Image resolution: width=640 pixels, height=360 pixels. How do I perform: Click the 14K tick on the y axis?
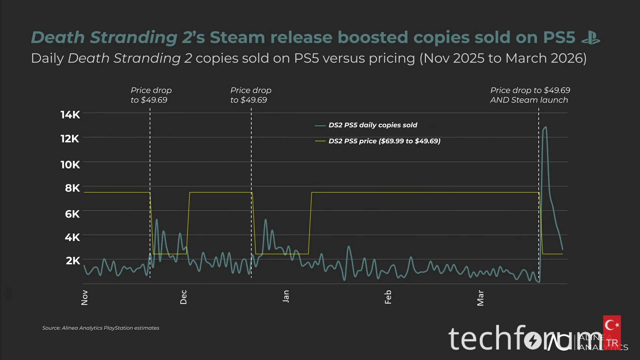click(x=70, y=115)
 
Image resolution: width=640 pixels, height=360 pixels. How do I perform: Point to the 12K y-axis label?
click(x=70, y=139)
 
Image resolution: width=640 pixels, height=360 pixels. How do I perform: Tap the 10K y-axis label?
click(x=70, y=165)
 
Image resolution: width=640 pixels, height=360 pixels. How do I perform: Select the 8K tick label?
click(x=72, y=188)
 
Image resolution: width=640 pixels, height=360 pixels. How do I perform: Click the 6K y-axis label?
click(x=72, y=214)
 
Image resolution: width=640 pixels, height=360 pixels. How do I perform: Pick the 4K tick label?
click(x=72, y=237)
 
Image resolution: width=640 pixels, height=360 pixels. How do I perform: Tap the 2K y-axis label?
click(x=73, y=261)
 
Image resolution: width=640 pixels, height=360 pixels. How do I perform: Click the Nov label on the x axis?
click(x=85, y=297)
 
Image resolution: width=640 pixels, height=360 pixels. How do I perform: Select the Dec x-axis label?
click(x=183, y=297)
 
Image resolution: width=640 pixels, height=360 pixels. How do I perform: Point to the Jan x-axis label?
click(x=286, y=296)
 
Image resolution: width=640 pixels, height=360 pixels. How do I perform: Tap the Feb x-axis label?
click(x=388, y=297)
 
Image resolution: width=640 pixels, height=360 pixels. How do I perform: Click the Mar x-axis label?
click(x=480, y=298)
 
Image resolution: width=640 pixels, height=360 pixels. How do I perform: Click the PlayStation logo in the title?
click(x=591, y=37)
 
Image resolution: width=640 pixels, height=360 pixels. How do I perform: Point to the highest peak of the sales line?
click(x=545, y=127)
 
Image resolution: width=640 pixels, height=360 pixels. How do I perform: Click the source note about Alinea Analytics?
click(x=101, y=328)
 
